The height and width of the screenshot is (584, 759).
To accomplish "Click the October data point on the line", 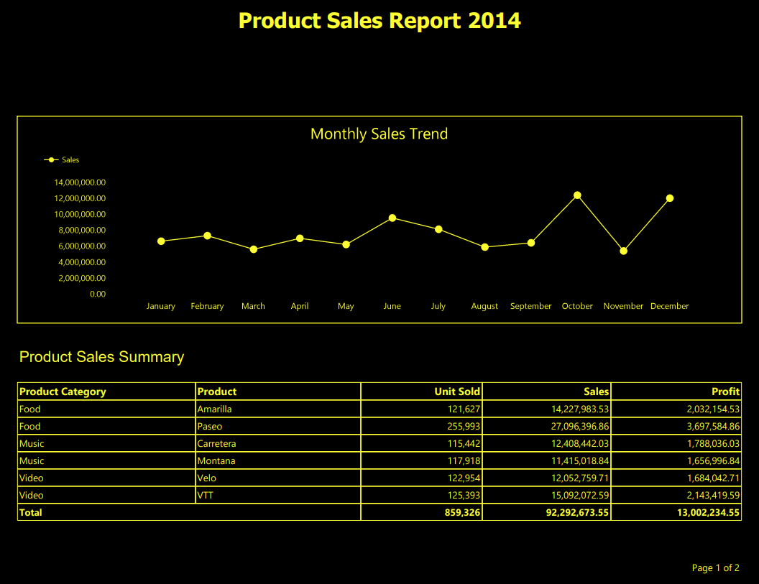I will tap(577, 195).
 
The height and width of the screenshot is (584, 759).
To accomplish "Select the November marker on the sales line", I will tap(623, 251).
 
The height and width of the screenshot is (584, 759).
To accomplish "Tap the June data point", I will tap(392, 218).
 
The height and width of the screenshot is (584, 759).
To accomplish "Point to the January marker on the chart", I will tap(161, 241).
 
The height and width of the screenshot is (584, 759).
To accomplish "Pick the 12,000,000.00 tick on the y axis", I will tap(80, 198).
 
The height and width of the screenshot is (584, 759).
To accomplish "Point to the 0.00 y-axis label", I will tap(98, 294).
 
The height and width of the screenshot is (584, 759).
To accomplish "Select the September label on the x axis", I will tap(530, 306).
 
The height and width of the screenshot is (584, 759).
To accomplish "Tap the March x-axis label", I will tap(253, 306).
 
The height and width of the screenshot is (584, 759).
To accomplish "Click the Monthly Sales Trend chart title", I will tap(379, 134).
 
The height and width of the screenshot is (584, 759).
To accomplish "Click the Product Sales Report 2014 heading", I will tap(379, 20).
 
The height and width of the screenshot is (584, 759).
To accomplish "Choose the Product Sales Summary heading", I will tap(101, 357).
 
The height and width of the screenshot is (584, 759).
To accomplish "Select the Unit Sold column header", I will tap(457, 391).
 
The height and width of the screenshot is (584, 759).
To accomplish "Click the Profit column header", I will tap(725, 391).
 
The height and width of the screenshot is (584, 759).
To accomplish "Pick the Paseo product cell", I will tap(210, 427).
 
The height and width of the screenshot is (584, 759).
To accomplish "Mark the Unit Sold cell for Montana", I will tap(464, 461).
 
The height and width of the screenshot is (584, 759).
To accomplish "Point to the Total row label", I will tap(31, 513).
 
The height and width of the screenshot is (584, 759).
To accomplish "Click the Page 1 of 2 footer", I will tap(715, 568).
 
